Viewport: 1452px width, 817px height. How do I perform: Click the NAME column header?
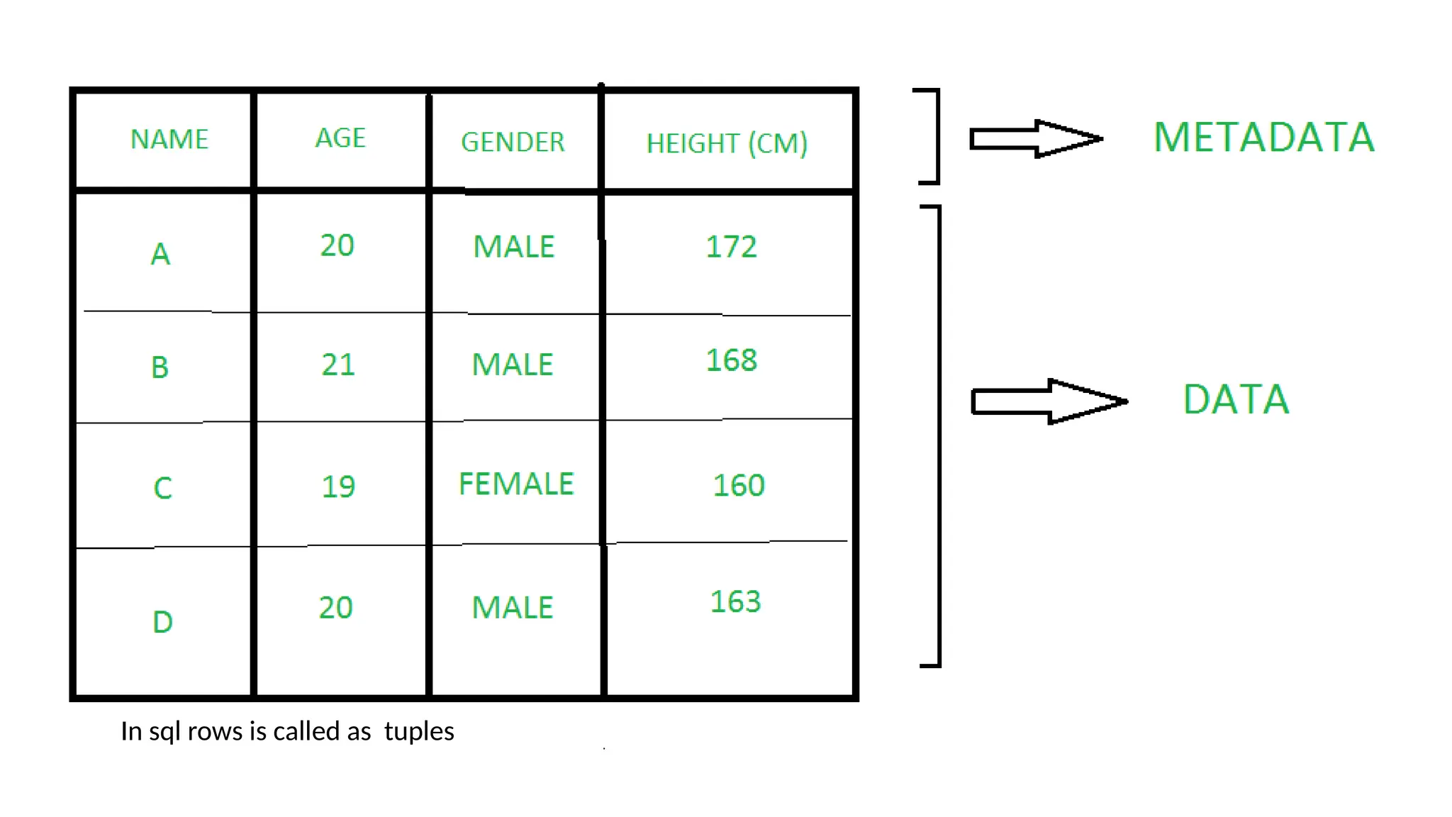169,139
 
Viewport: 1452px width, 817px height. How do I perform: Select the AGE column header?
340,138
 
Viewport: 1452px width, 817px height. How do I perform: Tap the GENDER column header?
513,142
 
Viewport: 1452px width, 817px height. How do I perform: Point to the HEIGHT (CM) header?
727,143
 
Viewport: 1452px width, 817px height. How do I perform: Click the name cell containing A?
161,254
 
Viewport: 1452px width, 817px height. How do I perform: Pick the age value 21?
338,365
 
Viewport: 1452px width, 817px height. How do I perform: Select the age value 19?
338,487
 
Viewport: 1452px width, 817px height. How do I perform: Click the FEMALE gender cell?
516,484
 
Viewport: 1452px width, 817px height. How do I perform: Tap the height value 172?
731,247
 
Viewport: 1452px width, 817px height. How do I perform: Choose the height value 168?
731,360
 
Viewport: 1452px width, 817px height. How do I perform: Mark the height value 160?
738,486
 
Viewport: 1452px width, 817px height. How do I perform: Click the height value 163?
735,602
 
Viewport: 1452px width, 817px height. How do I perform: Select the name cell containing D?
162,622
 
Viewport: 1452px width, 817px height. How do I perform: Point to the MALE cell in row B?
513,365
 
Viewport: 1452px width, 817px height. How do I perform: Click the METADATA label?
1263,137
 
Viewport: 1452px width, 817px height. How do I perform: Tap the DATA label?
1236,399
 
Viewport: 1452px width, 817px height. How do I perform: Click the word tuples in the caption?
419,731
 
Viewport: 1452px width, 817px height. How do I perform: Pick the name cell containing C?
162,488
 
